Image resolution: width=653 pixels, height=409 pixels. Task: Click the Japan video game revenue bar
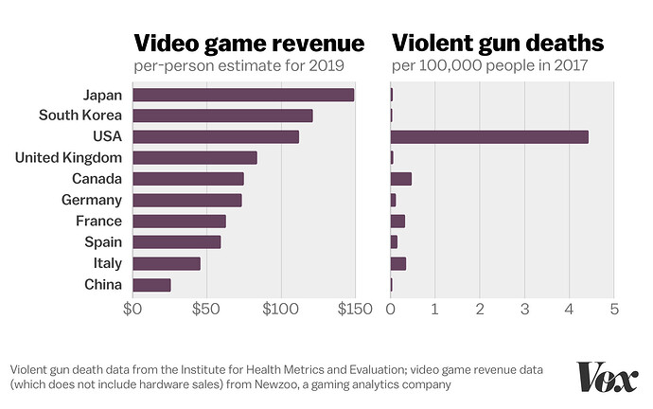243,95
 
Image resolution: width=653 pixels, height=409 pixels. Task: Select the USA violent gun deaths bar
489,136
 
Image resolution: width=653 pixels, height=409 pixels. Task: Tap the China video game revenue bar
151,285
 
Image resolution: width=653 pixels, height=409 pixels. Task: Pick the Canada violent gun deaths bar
401,179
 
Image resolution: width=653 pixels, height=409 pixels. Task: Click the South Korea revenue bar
222,116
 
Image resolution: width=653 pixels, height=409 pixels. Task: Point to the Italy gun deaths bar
398,263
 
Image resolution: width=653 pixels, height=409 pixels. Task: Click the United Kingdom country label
69,157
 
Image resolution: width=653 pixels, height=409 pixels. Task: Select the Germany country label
91,200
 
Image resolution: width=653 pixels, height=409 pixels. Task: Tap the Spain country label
102,242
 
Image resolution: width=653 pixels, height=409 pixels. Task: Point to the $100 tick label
279,309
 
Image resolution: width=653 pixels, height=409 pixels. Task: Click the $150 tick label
353,309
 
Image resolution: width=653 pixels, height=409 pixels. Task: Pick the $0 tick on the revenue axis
132,309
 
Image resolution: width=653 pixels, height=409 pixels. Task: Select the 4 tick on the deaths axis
570,309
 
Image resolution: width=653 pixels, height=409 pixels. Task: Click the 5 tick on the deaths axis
614,309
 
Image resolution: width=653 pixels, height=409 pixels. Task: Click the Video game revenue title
249,44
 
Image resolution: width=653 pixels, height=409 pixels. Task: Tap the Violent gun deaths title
498,44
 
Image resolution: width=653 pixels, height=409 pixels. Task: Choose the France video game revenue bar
179,222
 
